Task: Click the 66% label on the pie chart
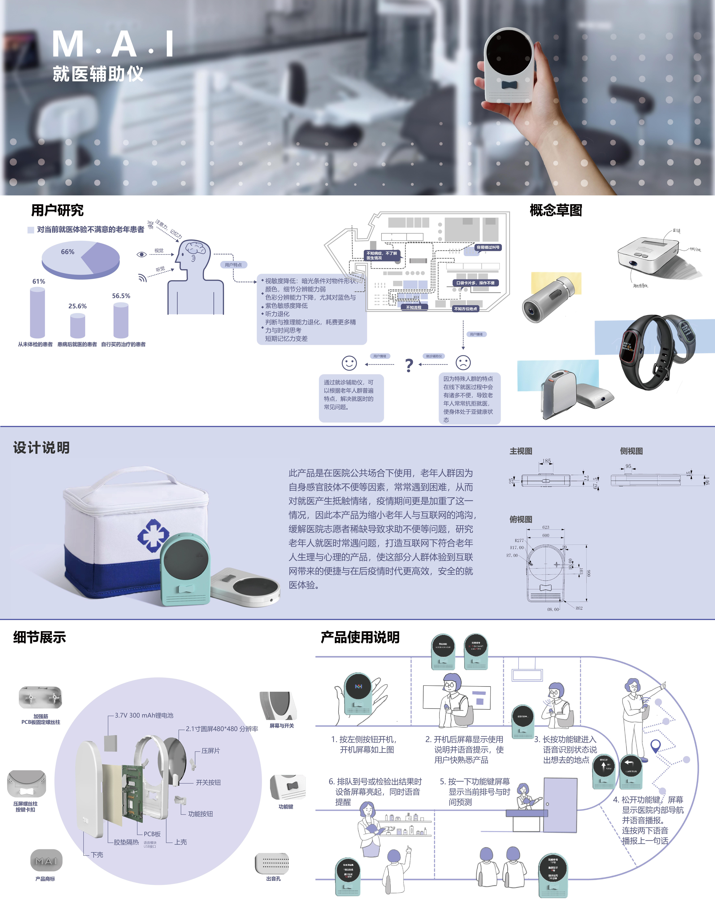click(x=67, y=252)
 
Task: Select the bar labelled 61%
click(x=37, y=312)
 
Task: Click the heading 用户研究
click(x=57, y=210)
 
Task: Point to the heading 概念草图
click(x=556, y=210)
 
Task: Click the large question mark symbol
click(x=409, y=365)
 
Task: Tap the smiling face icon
click(x=349, y=363)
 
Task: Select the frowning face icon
click(x=463, y=362)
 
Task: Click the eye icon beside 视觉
click(x=142, y=254)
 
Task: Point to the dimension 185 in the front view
click(x=547, y=461)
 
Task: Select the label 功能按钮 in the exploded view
click(x=200, y=814)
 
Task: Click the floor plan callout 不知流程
click(x=414, y=307)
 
